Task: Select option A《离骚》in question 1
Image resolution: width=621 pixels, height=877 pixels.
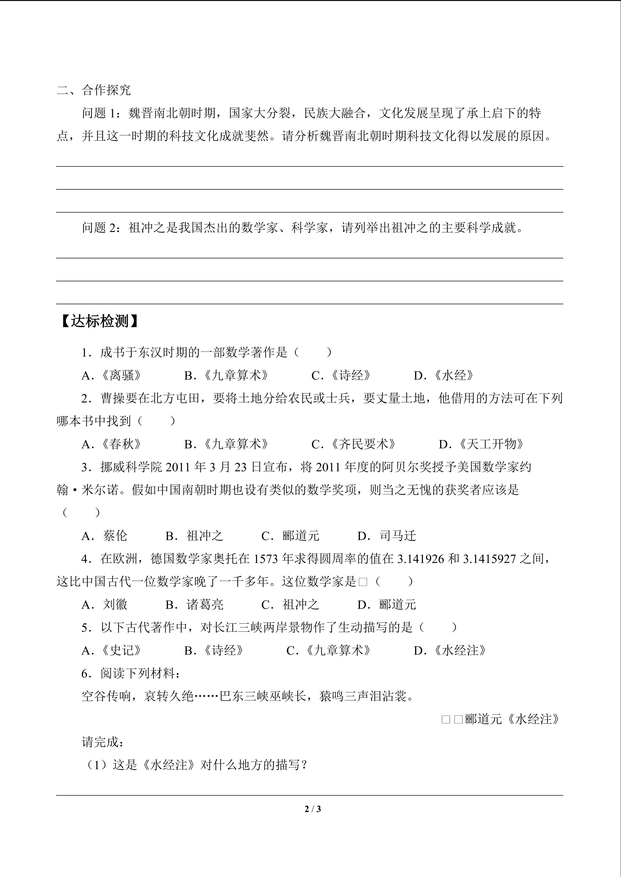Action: (x=112, y=376)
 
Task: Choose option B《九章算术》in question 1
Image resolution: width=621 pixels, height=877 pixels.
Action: (x=226, y=376)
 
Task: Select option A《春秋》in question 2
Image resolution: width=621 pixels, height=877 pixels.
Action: (x=112, y=444)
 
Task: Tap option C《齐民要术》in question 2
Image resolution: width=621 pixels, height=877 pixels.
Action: (x=354, y=444)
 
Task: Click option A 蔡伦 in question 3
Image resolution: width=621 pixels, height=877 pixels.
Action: (x=104, y=536)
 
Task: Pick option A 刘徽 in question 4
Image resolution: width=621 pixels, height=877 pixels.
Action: (x=104, y=605)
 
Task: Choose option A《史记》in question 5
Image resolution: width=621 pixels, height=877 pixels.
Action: (x=112, y=650)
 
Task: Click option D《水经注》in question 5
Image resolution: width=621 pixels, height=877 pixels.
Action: (x=450, y=650)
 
